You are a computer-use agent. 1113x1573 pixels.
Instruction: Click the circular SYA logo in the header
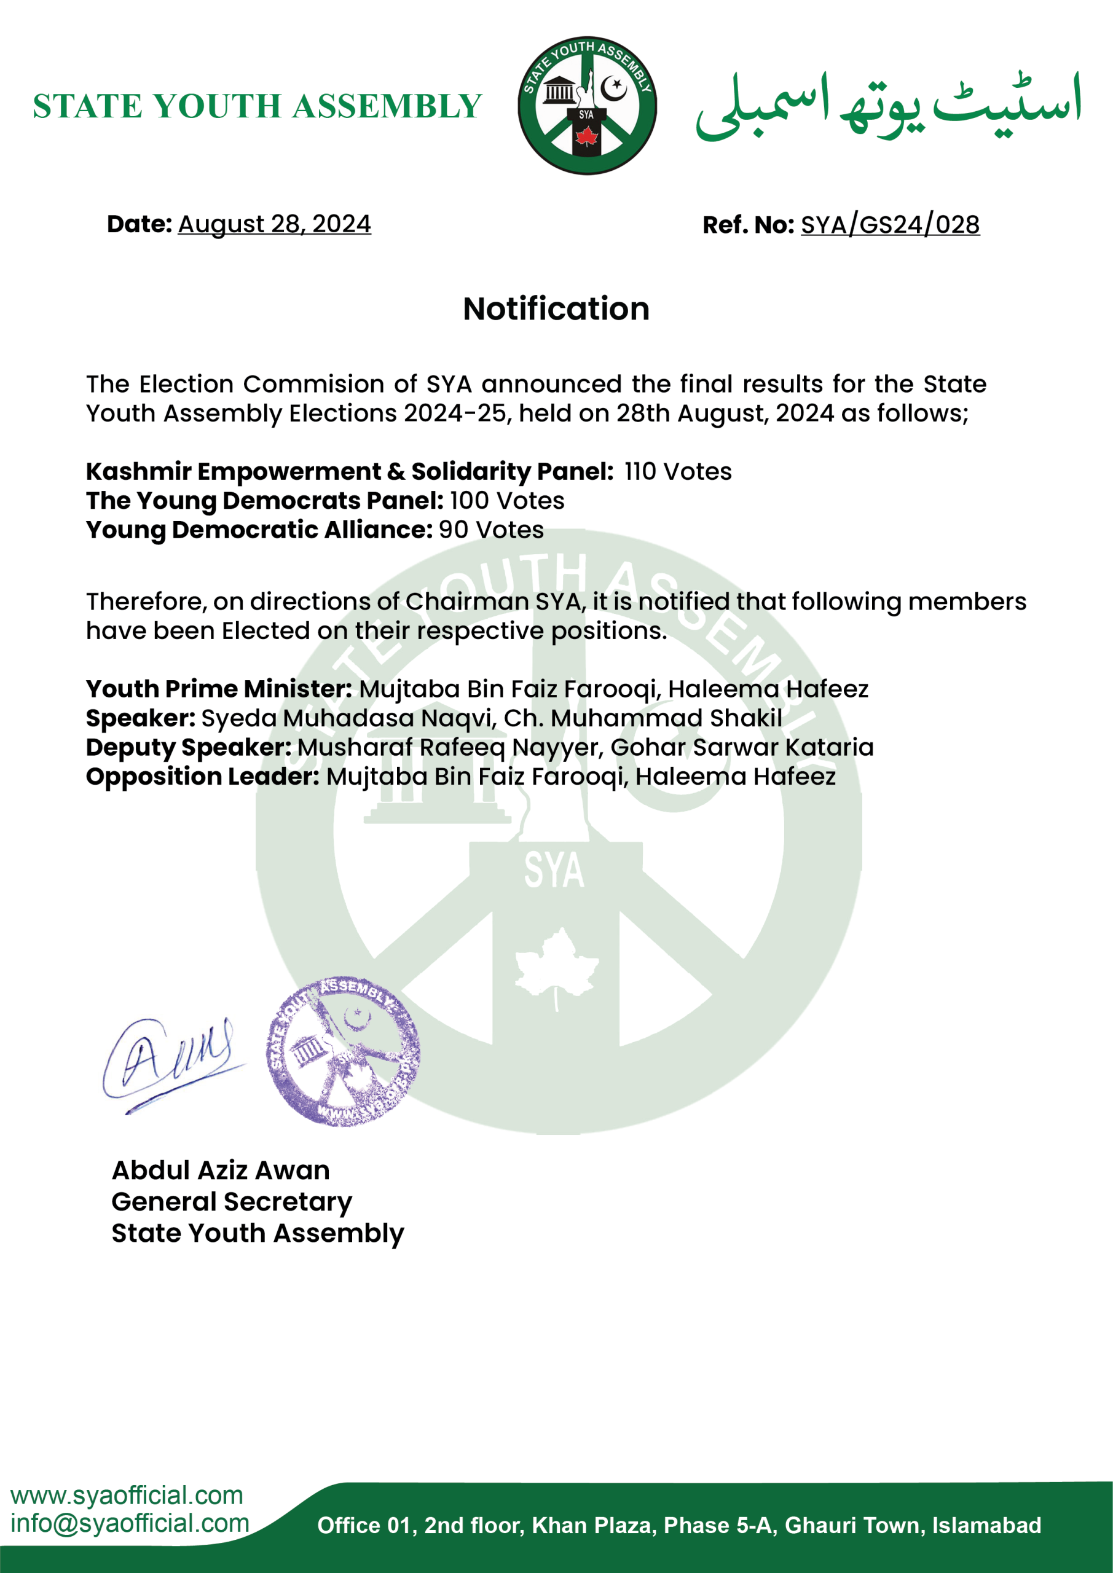pos(587,106)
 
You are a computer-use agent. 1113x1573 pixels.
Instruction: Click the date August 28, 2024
pos(274,224)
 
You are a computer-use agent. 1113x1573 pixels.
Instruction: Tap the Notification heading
pos(556,309)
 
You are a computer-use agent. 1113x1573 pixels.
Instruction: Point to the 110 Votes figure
pos(678,471)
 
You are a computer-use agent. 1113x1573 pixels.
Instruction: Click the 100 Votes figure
pos(507,501)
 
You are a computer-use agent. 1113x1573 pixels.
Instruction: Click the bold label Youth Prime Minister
pos(219,689)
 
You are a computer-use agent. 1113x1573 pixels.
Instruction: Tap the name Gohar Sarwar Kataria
pos(742,747)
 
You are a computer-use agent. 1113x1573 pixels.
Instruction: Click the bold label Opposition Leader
pos(202,776)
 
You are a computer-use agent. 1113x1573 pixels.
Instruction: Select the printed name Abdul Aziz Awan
pos(221,1170)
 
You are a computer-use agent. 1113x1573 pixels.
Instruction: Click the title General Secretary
pos(232,1202)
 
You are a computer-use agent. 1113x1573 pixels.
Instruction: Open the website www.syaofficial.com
pos(127,1494)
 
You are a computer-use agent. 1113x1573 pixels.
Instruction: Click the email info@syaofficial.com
pos(130,1523)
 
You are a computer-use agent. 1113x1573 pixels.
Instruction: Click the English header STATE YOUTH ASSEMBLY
pos(257,106)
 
